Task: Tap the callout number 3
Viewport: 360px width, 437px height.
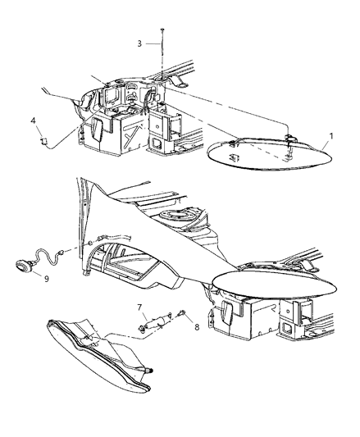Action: click(139, 43)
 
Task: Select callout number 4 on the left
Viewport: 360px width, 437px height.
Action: click(34, 121)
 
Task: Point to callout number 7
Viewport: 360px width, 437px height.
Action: click(140, 307)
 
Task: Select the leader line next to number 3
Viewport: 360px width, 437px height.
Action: click(152, 43)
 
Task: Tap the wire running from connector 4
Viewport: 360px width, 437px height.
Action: click(66, 139)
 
